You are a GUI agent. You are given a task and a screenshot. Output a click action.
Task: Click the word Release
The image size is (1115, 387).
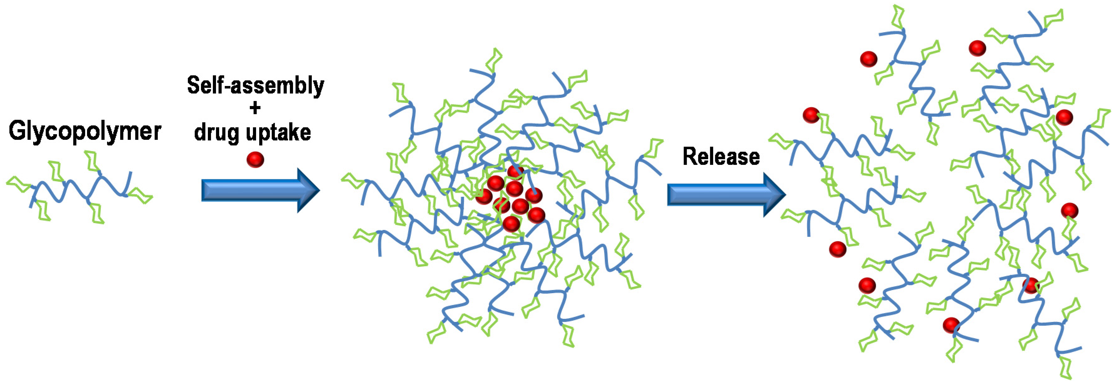(721, 156)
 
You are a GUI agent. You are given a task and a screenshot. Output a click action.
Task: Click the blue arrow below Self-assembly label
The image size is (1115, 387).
(260, 190)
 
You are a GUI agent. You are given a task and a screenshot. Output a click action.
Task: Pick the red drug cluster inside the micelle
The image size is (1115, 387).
(511, 199)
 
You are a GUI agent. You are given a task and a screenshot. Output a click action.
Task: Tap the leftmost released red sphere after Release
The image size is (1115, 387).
(811, 115)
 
